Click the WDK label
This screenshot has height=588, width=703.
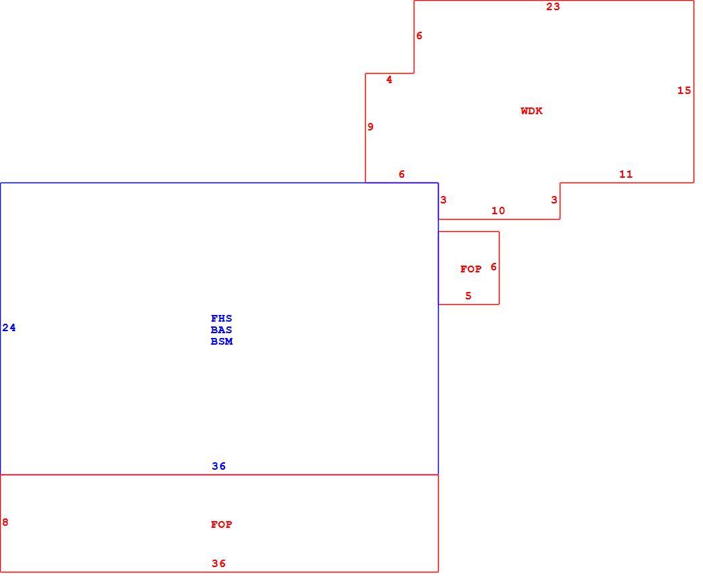pyautogui.click(x=531, y=111)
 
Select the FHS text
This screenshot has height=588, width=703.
pyautogui.click(x=222, y=318)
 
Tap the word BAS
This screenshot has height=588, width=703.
pyautogui.click(x=222, y=330)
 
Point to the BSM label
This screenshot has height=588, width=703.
pyautogui.click(x=222, y=341)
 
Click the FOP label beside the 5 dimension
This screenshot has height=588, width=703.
pyautogui.click(x=470, y=269)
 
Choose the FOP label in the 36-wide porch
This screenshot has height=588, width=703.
pyautogui.click(x=222, y=524)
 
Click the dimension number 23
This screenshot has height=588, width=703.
pyautogui.click(x=553, y=7)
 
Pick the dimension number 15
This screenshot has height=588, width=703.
pyautogui.click(x=684, y=91)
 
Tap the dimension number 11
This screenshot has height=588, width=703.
pyautogui.click(x=626, y=174)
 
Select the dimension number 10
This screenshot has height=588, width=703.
pyautogui.click(x=498, y=211)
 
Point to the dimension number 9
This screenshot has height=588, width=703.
pyautogui.click(x=370, y=127)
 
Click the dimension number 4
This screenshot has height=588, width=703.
pyautogui.click(x=389, y=80)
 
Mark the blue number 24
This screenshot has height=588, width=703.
pyautogui.click(x=9, y=328)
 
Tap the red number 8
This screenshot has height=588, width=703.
pyautogui.click(x=5, y=522)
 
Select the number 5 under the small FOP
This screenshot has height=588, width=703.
pyautogui.click(x=468, y=296)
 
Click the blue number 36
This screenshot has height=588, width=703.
pyautogui.click(x=219, y=466)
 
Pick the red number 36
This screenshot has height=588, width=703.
pyautogui.click(x=219, y=564)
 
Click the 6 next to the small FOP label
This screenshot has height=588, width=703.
pyautogui.click(x=493, y=267)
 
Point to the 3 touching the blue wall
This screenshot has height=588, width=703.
pyautogui.click(x=443, y=200)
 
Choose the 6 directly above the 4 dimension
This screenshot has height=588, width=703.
pyautogui.click(x=419, y=36)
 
